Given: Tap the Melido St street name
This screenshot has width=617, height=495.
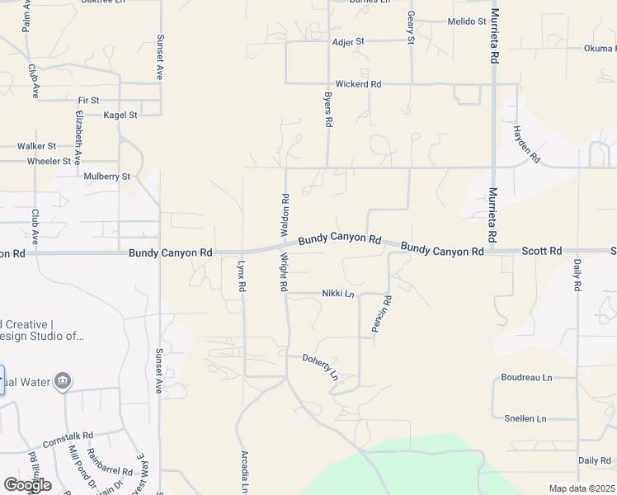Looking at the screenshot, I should click(467, 21).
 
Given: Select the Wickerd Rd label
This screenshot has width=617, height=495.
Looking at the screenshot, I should click(358, 84).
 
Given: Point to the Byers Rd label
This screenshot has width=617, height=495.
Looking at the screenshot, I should click(328, 109).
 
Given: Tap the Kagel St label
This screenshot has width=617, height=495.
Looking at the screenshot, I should click(120, 115).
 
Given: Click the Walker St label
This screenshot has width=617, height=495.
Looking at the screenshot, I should click(37, 146).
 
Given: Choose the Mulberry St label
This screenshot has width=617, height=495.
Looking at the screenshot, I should click(107, 177).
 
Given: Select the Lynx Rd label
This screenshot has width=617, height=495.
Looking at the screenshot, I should click(242, 276).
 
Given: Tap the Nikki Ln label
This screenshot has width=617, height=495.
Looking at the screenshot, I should click(338, 294).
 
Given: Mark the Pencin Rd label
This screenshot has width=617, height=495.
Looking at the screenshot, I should click(382, 314).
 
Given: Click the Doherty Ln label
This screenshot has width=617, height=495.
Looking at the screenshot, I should click(321, 366).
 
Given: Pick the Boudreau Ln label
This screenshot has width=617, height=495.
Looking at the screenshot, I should click(526, 378).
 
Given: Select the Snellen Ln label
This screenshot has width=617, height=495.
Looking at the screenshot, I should click(525, 419).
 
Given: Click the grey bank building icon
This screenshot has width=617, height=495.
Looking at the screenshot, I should click(63, 381).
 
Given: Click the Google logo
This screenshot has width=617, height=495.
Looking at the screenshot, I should click(27, 485).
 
